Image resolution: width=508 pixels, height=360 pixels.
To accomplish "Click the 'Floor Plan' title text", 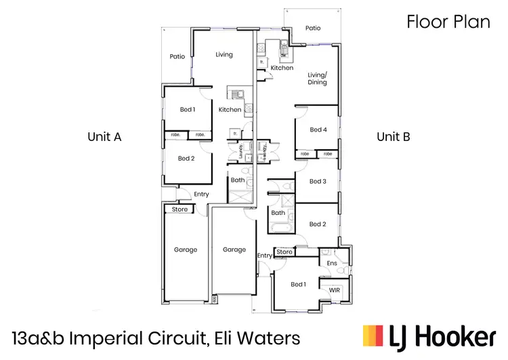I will pyautogui.click(x=448, y=22).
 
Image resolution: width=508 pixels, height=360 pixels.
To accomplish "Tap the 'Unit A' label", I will pyautogui.click(x=104, y=136).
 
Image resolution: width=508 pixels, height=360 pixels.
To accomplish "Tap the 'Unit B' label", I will pyautogui.click(x=393, y=136).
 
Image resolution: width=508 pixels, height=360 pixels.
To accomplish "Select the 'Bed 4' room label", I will pyautogui.click(x=318, y=129).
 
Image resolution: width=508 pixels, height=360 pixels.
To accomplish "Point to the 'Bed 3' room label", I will pyautogui.click(x=318, y=181).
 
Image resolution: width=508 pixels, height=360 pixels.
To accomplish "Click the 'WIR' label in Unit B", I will pyautogui.click(x=334, y=290).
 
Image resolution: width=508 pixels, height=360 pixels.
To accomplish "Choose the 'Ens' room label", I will pyautogui.click(x=332, y=263).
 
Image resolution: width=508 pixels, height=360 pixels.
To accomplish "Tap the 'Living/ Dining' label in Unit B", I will pyautogui.click(x=317, y=79).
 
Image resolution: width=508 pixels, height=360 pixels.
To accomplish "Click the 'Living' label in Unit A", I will pyautogui.click(x=224, y=55).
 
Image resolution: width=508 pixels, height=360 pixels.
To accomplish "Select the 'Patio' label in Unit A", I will pyautogui.click(x=177, y=57).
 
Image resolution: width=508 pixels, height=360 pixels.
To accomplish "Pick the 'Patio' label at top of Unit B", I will pyautogui.click(x=312, y=28).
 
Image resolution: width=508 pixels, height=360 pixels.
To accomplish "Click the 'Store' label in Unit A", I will pyautogui.click(x=179, y=209).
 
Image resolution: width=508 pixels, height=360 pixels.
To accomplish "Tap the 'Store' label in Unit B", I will pyautogui.click(x=284, y=252).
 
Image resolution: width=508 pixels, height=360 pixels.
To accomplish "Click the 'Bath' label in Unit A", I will pyautogui.click(x=237, y=180).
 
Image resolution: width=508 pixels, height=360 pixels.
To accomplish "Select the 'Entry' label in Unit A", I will pyautogui.click(x=201, y=195).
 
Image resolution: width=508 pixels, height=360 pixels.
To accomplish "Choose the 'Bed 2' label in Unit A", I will pyautogui.click(x=186, y=159).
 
